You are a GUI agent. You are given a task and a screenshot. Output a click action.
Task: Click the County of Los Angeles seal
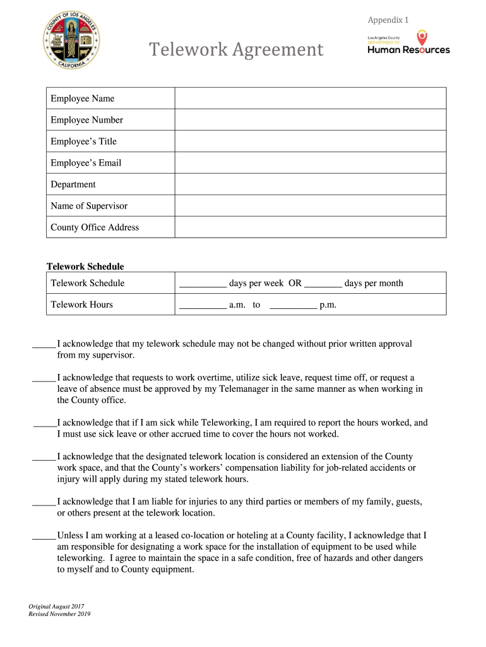(x=71, y=42)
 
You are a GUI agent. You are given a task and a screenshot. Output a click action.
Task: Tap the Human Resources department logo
(x=408, y=44)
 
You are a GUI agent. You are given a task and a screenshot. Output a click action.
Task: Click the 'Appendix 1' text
(x=388, y=20)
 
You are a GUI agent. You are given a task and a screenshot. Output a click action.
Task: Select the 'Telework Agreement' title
(x=235, y=49)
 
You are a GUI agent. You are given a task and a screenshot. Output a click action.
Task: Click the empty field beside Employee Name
(x=310, y=99)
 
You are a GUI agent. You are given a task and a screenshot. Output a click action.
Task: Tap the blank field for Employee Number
(x=310, y=120)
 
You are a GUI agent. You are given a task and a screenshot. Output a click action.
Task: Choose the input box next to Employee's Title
(x=310, y=142)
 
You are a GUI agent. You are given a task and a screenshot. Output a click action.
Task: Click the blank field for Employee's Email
(x=310, y=163)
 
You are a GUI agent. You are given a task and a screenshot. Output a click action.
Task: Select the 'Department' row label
(x=73, y=184)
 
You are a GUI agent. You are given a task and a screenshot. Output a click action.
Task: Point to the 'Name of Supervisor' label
(x=89, y=206)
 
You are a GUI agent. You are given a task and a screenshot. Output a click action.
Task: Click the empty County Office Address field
(x=310, y=227)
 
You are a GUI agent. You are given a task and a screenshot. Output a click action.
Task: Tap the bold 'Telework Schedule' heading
(x=86, y=267)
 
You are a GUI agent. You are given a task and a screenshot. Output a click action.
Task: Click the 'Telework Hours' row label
(x=82, y=305)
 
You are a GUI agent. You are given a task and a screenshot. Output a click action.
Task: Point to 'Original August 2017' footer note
(x=56, y=607)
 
